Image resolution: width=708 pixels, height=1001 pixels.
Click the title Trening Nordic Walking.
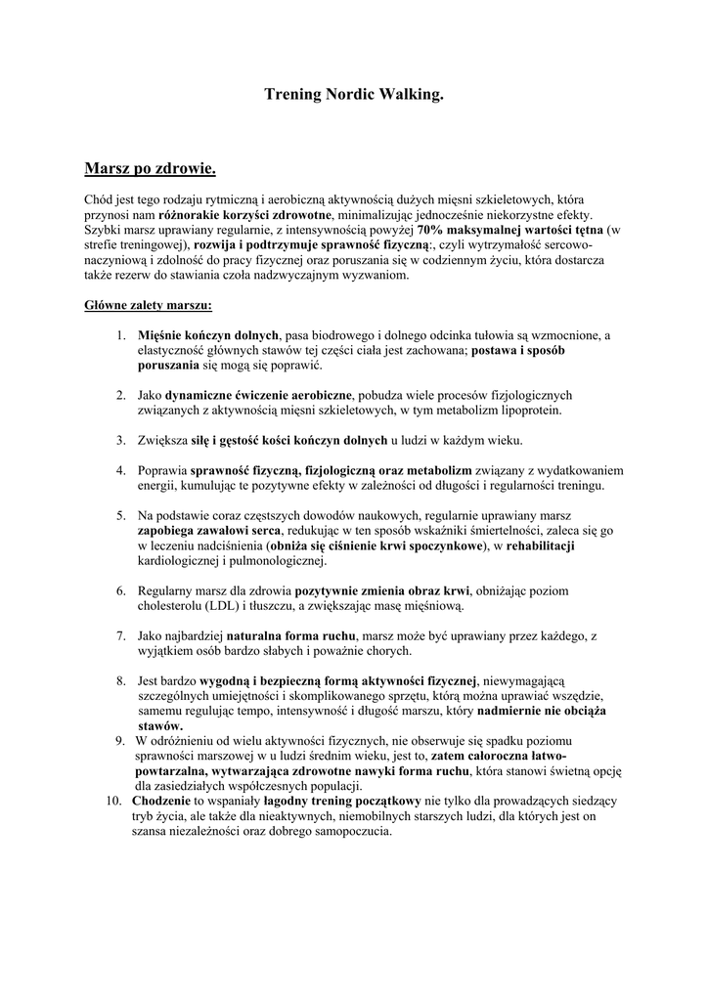[x=354, y=95]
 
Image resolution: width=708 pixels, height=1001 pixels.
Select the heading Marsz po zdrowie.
[x=150, y=169]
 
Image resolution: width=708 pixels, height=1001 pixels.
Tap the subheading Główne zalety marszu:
[x=141, y=304]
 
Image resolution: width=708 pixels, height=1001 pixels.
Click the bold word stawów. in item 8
[x=160, y=726]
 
